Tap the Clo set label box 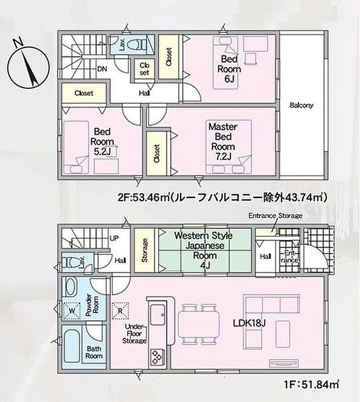[145, 69]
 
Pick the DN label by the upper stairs [101, 67]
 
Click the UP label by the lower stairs [114, 238]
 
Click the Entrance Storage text [275, 216]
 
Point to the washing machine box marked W [71, 310]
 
